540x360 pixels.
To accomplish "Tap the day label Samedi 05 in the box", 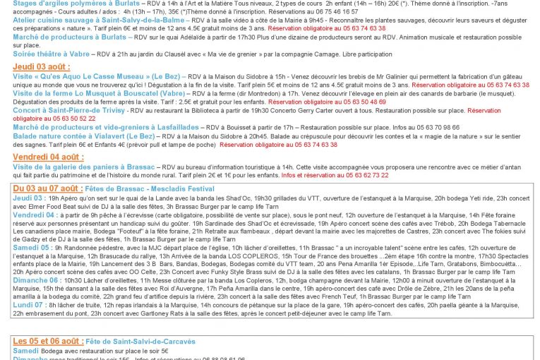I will (31, 248).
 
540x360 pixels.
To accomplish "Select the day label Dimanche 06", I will (35, 279).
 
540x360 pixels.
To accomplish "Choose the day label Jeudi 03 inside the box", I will (28, 198).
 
